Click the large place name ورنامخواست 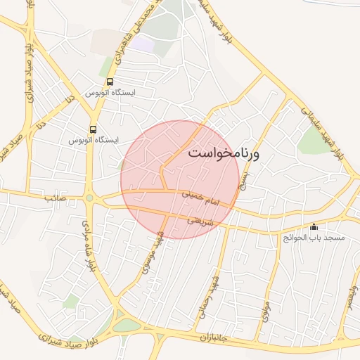click(224, 153)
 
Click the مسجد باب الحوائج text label click(314, 238)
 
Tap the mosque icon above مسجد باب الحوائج click(314, 227)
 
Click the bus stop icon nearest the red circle click(93, 129)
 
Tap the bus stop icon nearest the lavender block click(110, 82)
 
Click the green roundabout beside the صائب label click(89, 198)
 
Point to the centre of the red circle click(180, 179)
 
